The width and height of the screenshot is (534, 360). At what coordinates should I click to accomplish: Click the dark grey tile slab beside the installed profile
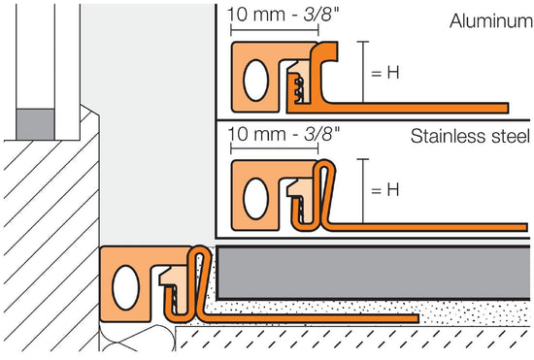coord(369,272)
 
